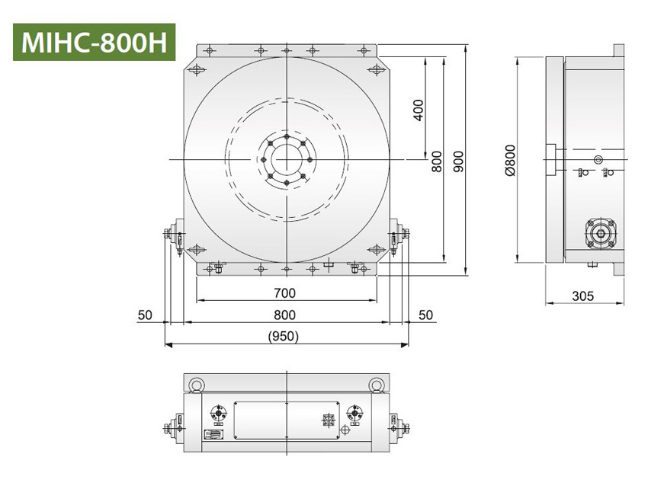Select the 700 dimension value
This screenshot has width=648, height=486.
tap(284, 293)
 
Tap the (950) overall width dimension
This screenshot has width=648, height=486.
tap(284, 336)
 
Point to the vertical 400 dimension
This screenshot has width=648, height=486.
tap(417, 111)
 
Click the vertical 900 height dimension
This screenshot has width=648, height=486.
tap(457, 161)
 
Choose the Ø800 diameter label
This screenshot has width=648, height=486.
tap(510, 161)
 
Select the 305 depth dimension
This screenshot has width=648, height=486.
tap(584, 296)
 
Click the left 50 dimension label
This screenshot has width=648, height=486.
tap(146, 315)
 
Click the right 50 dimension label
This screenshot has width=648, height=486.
tap(425, 315)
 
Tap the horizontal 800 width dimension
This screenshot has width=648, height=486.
tap(284, 315)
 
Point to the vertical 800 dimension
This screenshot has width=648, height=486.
tap(437, 161)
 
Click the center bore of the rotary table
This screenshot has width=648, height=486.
tap(286, 159)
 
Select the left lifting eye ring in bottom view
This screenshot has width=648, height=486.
tap(196, 385)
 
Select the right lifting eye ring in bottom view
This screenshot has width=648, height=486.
tap(376, 385)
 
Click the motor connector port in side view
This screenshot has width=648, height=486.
tap(600, 232)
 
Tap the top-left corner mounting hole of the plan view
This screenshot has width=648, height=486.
tap(197, 70)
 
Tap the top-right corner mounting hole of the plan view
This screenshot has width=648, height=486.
tap(374, 70)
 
